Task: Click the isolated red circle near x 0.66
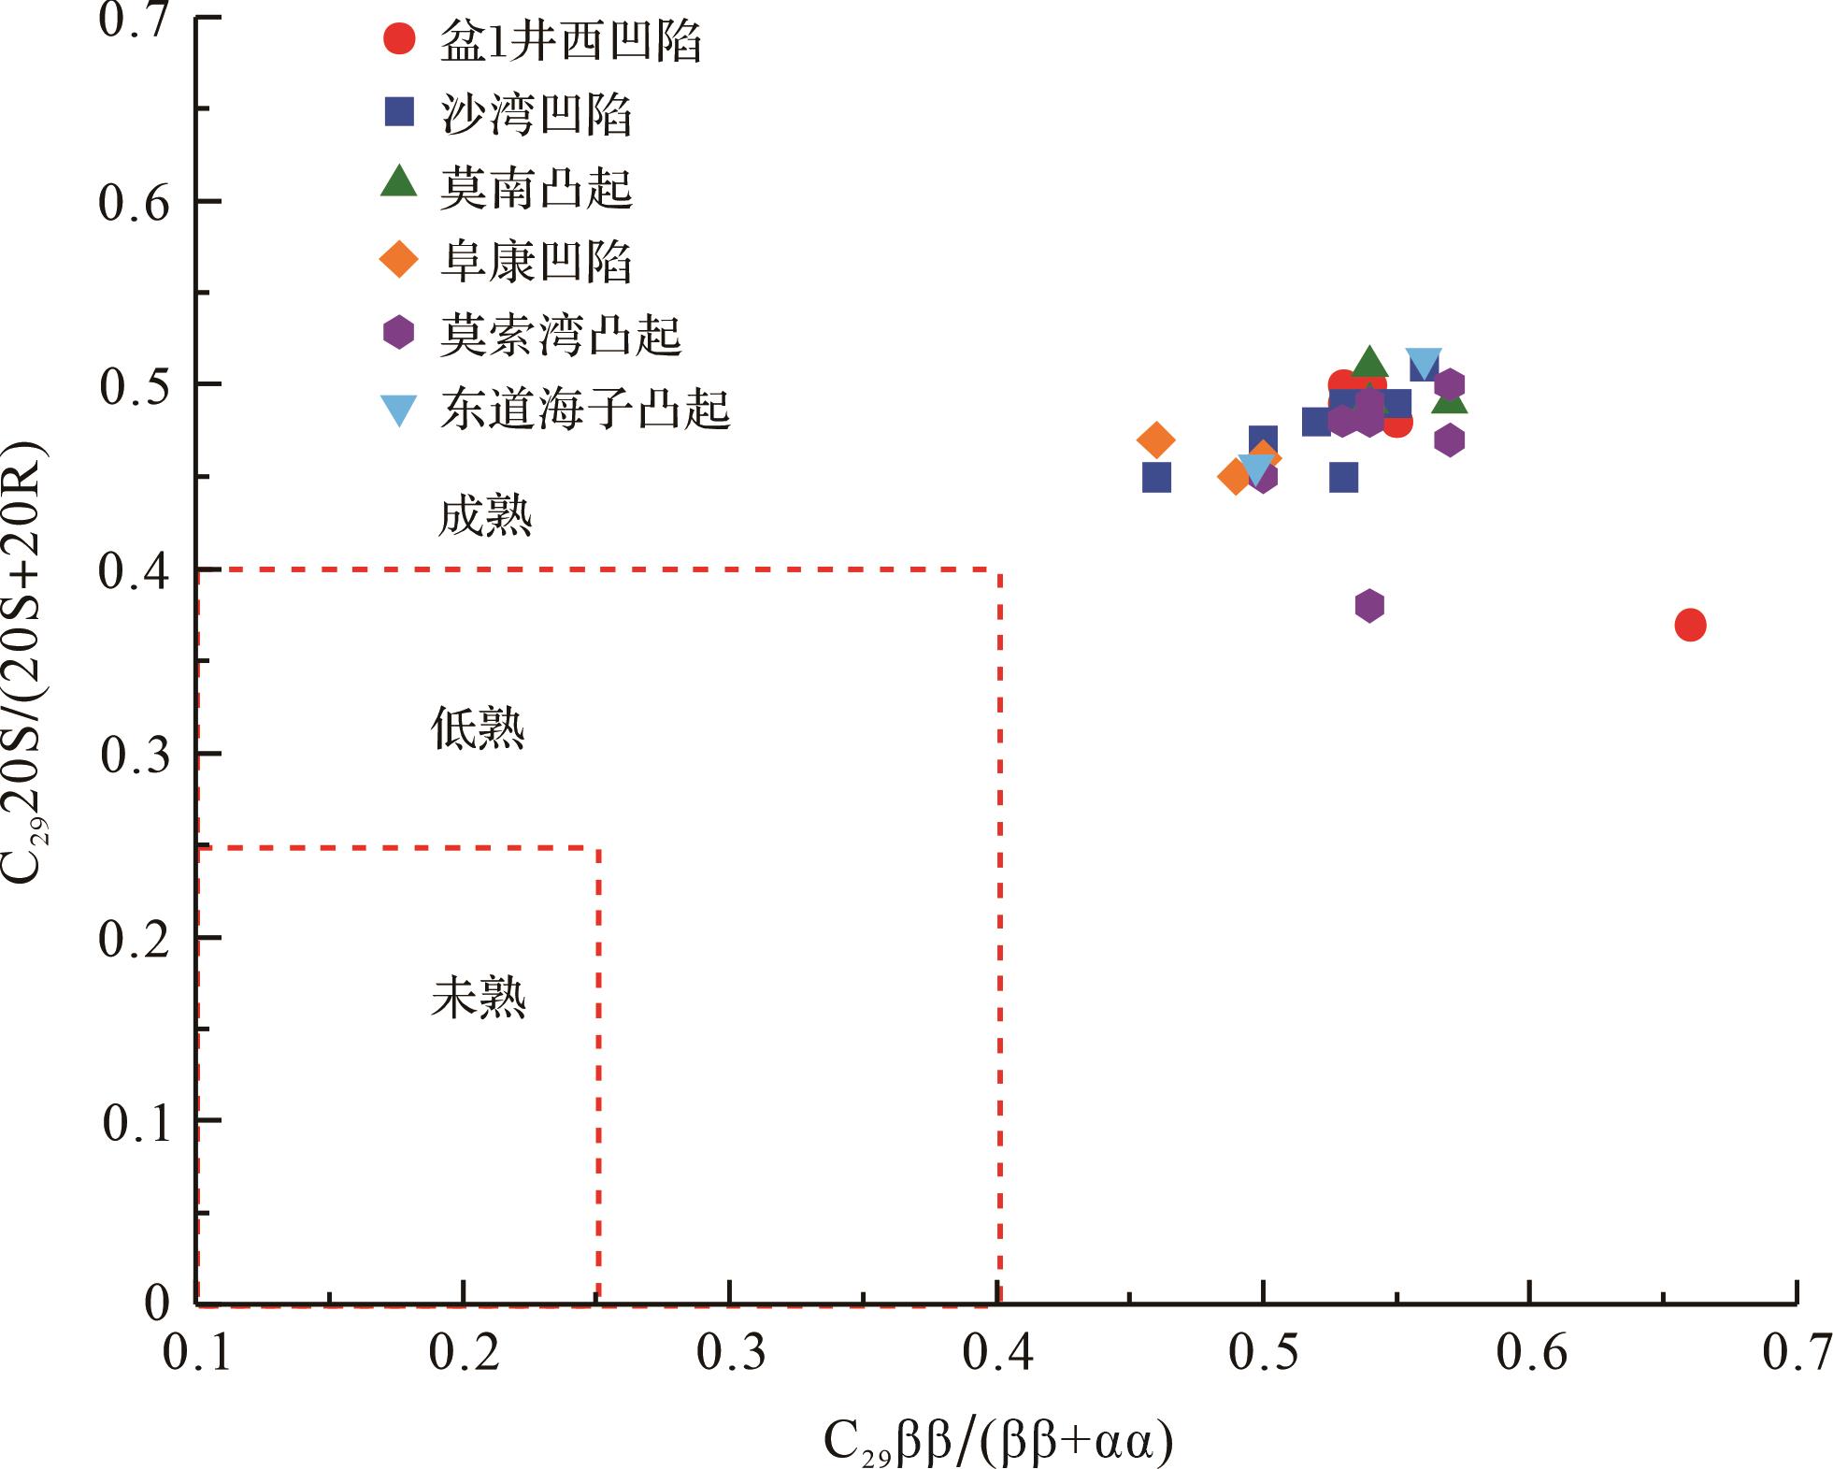[1690, 625]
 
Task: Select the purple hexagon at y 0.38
[1368, 606]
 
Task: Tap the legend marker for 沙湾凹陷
[399, 112]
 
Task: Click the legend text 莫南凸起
[537, 187]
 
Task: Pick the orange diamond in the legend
[399, 259]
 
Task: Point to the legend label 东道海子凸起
[585, 409]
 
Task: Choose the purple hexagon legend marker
[399, 333]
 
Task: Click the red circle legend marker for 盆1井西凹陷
[399, 39]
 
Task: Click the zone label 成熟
[485, 516]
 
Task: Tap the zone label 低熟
[478, 728]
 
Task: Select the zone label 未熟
[479, 998]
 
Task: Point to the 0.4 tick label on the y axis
[135, 571]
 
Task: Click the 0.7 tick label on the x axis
[1796, 1353]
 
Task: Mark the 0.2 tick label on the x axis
[465, 1353]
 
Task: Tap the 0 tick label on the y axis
[157, 1302]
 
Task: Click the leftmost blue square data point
[1156, 478]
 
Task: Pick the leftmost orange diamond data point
[1156, 439]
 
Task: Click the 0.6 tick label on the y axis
[135, 202]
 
